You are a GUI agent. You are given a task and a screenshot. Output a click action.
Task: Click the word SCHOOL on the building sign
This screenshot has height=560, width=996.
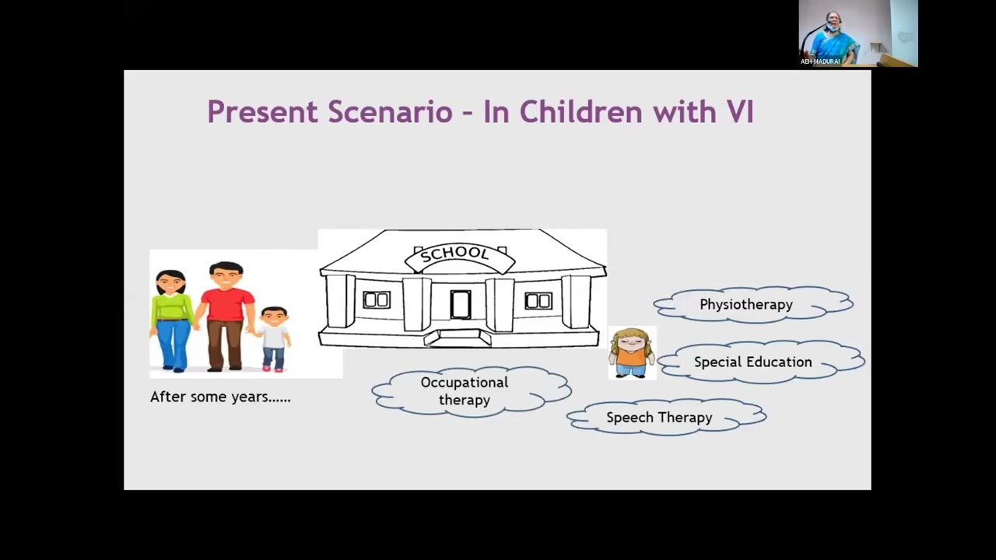click(454, 254)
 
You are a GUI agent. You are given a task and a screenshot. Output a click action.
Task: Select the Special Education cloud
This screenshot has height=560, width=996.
click(761, 362)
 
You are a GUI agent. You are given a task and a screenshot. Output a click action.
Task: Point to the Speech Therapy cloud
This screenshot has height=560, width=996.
click(666, 417)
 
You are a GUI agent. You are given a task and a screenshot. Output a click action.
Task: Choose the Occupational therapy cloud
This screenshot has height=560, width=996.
click(472, 391)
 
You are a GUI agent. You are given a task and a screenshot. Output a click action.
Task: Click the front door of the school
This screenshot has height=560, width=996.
click(460, 305)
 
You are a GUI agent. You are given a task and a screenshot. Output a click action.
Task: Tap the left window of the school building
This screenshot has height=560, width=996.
click(377, 300)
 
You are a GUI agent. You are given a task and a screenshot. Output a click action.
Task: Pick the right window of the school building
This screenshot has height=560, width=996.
click(538, 301)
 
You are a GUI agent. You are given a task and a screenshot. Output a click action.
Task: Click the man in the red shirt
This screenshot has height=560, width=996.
click(226, 316)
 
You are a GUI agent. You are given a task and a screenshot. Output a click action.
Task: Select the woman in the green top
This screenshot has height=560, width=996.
click(172, 320)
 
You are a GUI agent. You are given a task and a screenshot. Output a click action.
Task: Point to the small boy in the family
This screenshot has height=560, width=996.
click(274, 338)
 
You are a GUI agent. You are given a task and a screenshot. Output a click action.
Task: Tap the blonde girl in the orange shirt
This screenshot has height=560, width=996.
click(632, 353)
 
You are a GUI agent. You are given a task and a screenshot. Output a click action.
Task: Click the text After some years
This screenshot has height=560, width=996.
click(220, 397)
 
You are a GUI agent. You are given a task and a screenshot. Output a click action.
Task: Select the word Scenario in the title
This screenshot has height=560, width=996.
click(391, 112)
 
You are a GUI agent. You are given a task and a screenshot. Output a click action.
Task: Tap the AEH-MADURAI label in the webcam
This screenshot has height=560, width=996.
click(820, 61)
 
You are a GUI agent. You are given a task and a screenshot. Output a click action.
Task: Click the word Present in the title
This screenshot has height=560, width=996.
click(263, 112)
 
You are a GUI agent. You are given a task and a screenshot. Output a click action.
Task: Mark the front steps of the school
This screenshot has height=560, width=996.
click(458, 338)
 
